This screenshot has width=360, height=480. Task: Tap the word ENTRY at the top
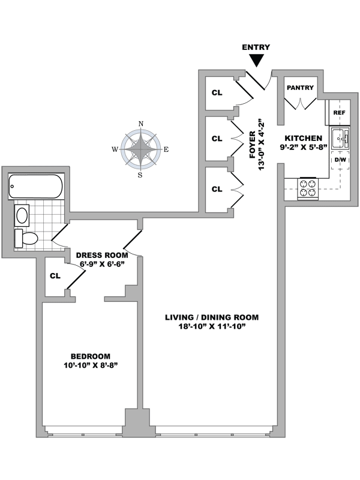point(256,47)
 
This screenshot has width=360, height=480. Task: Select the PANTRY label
point(300,88)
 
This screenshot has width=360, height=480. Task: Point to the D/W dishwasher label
point(340,160)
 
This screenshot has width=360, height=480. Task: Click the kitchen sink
point(340,139)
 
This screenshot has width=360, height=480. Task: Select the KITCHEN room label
point(304,137)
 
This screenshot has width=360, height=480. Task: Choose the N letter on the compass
point(141,124)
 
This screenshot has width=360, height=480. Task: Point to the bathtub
point(35,186)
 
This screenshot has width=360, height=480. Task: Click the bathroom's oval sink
point(23,215)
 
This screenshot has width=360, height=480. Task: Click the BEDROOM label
point(90,355)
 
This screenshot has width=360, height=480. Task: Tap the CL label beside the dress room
point(55,277)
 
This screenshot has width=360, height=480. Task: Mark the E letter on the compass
point(166,149)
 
